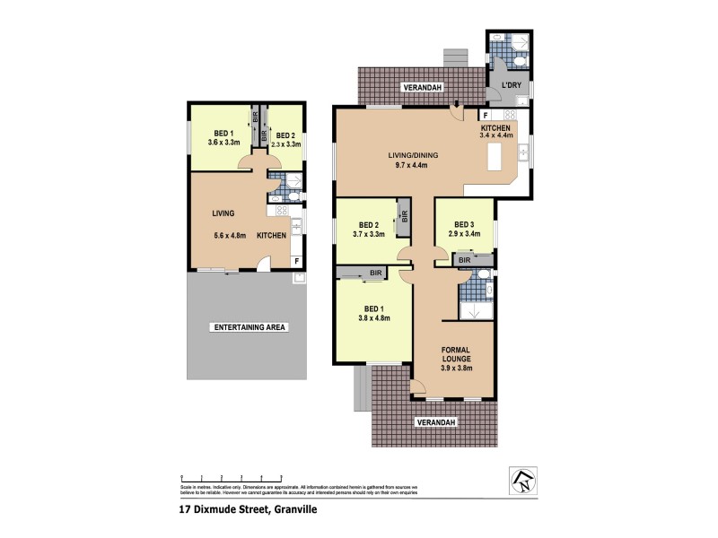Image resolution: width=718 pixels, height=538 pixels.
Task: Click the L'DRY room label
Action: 511,86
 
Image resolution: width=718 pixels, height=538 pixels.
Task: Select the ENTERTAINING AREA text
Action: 249,327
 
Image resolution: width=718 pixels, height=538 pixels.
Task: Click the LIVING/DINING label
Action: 414,155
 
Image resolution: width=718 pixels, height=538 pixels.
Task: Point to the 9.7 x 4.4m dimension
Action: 414,166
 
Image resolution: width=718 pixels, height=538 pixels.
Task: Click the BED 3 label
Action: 463,224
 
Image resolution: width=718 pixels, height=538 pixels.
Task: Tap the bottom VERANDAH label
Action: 435,421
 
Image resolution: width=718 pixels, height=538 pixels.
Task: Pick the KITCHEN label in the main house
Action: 495,129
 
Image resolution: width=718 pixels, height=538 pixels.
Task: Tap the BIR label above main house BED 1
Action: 374,272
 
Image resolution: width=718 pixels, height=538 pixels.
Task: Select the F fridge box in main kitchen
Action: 486,116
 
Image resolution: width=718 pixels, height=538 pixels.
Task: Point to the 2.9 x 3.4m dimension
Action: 463,234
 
